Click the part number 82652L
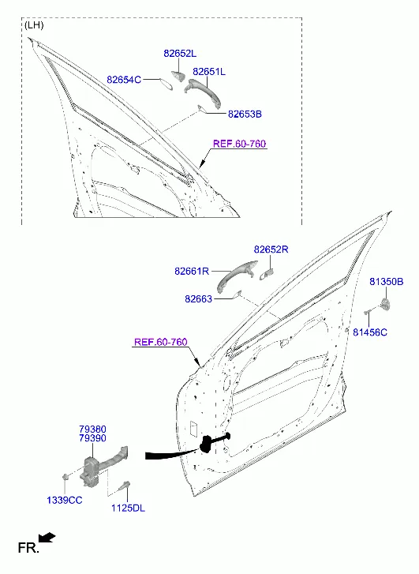click(x=180, y=54)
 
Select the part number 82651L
click(x=209, y=72)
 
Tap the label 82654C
click(x=124, y=80)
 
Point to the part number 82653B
click(x=245, y=114)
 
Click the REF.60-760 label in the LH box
click(x=239, y=144)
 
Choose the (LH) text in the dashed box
click(x=34, y=25)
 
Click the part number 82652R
click(x=271, y=249)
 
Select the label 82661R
click(x=192, y=272)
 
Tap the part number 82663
click(x=198, y=299)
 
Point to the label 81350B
click(x=387, y=282)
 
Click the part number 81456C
click(x=370, y=332)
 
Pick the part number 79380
click(x=92, y=429)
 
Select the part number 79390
click(x=92, y=438)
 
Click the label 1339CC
click(x=65, y=500)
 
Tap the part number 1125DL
click(x=128, y=508)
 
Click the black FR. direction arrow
click(x=47, y=538)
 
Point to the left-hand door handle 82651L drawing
click(x=202, y=91)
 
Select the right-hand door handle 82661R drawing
click(x=236, y=276)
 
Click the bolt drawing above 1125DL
click(x=125, y=486)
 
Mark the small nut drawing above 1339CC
click(x=65, y=476)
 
